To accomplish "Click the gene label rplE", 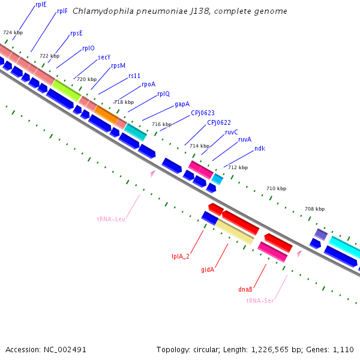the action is click(41, 4).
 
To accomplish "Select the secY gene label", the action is click(104, 58).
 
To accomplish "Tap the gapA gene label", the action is click(182, 104).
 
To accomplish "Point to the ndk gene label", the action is click(260, 148).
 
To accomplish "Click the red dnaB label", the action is click(245, 289).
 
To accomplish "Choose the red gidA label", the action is click(208, 269).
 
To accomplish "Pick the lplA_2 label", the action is click(181, 256).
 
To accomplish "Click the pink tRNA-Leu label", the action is click(111, 219).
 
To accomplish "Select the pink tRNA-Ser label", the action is click(260, 300).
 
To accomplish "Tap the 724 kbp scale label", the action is click(13, 32).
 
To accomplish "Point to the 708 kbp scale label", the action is click(314, 209).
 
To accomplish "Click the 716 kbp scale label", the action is click(161, 124).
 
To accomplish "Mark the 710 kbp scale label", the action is click(276, 188).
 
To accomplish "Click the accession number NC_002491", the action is click(65, 349).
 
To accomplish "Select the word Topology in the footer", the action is click(172, 349).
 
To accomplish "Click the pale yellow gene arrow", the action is click(235, 232).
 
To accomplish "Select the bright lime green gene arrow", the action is click(66, 90).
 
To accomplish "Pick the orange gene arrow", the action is click(106, 113).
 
